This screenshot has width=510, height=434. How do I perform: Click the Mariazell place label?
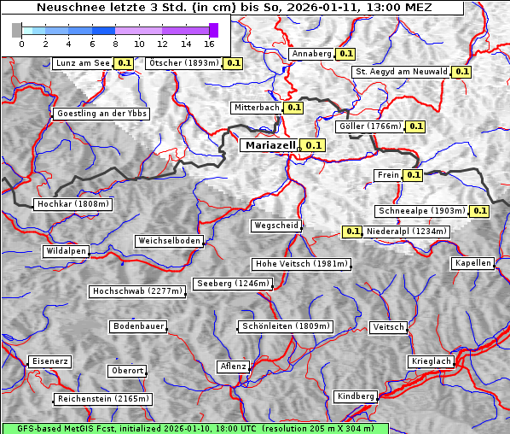click(269, 145)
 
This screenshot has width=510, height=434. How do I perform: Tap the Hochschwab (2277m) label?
click(137, 291)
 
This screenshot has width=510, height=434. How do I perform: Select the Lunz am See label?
click(82, 63)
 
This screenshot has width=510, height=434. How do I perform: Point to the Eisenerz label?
click(49, 361)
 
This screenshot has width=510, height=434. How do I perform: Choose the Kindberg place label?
click(356, 396)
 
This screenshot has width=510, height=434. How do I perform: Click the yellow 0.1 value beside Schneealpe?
click(478, 211)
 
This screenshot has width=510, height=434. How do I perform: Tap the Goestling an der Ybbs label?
click(101, 114)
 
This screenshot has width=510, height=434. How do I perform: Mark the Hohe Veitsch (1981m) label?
click(301, 264)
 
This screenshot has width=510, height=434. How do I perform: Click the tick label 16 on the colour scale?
click(209, 44)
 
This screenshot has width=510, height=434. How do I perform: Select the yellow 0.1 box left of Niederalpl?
click(352, 232)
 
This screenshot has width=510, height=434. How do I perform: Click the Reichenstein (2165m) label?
click(103, 399)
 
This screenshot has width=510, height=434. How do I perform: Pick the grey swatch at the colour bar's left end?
click(17, 30)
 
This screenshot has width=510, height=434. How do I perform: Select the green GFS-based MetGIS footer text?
click(194, 428)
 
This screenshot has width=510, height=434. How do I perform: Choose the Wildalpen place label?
click(67, 251)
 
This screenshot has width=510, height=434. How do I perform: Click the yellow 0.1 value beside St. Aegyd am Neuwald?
click(461, 72)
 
